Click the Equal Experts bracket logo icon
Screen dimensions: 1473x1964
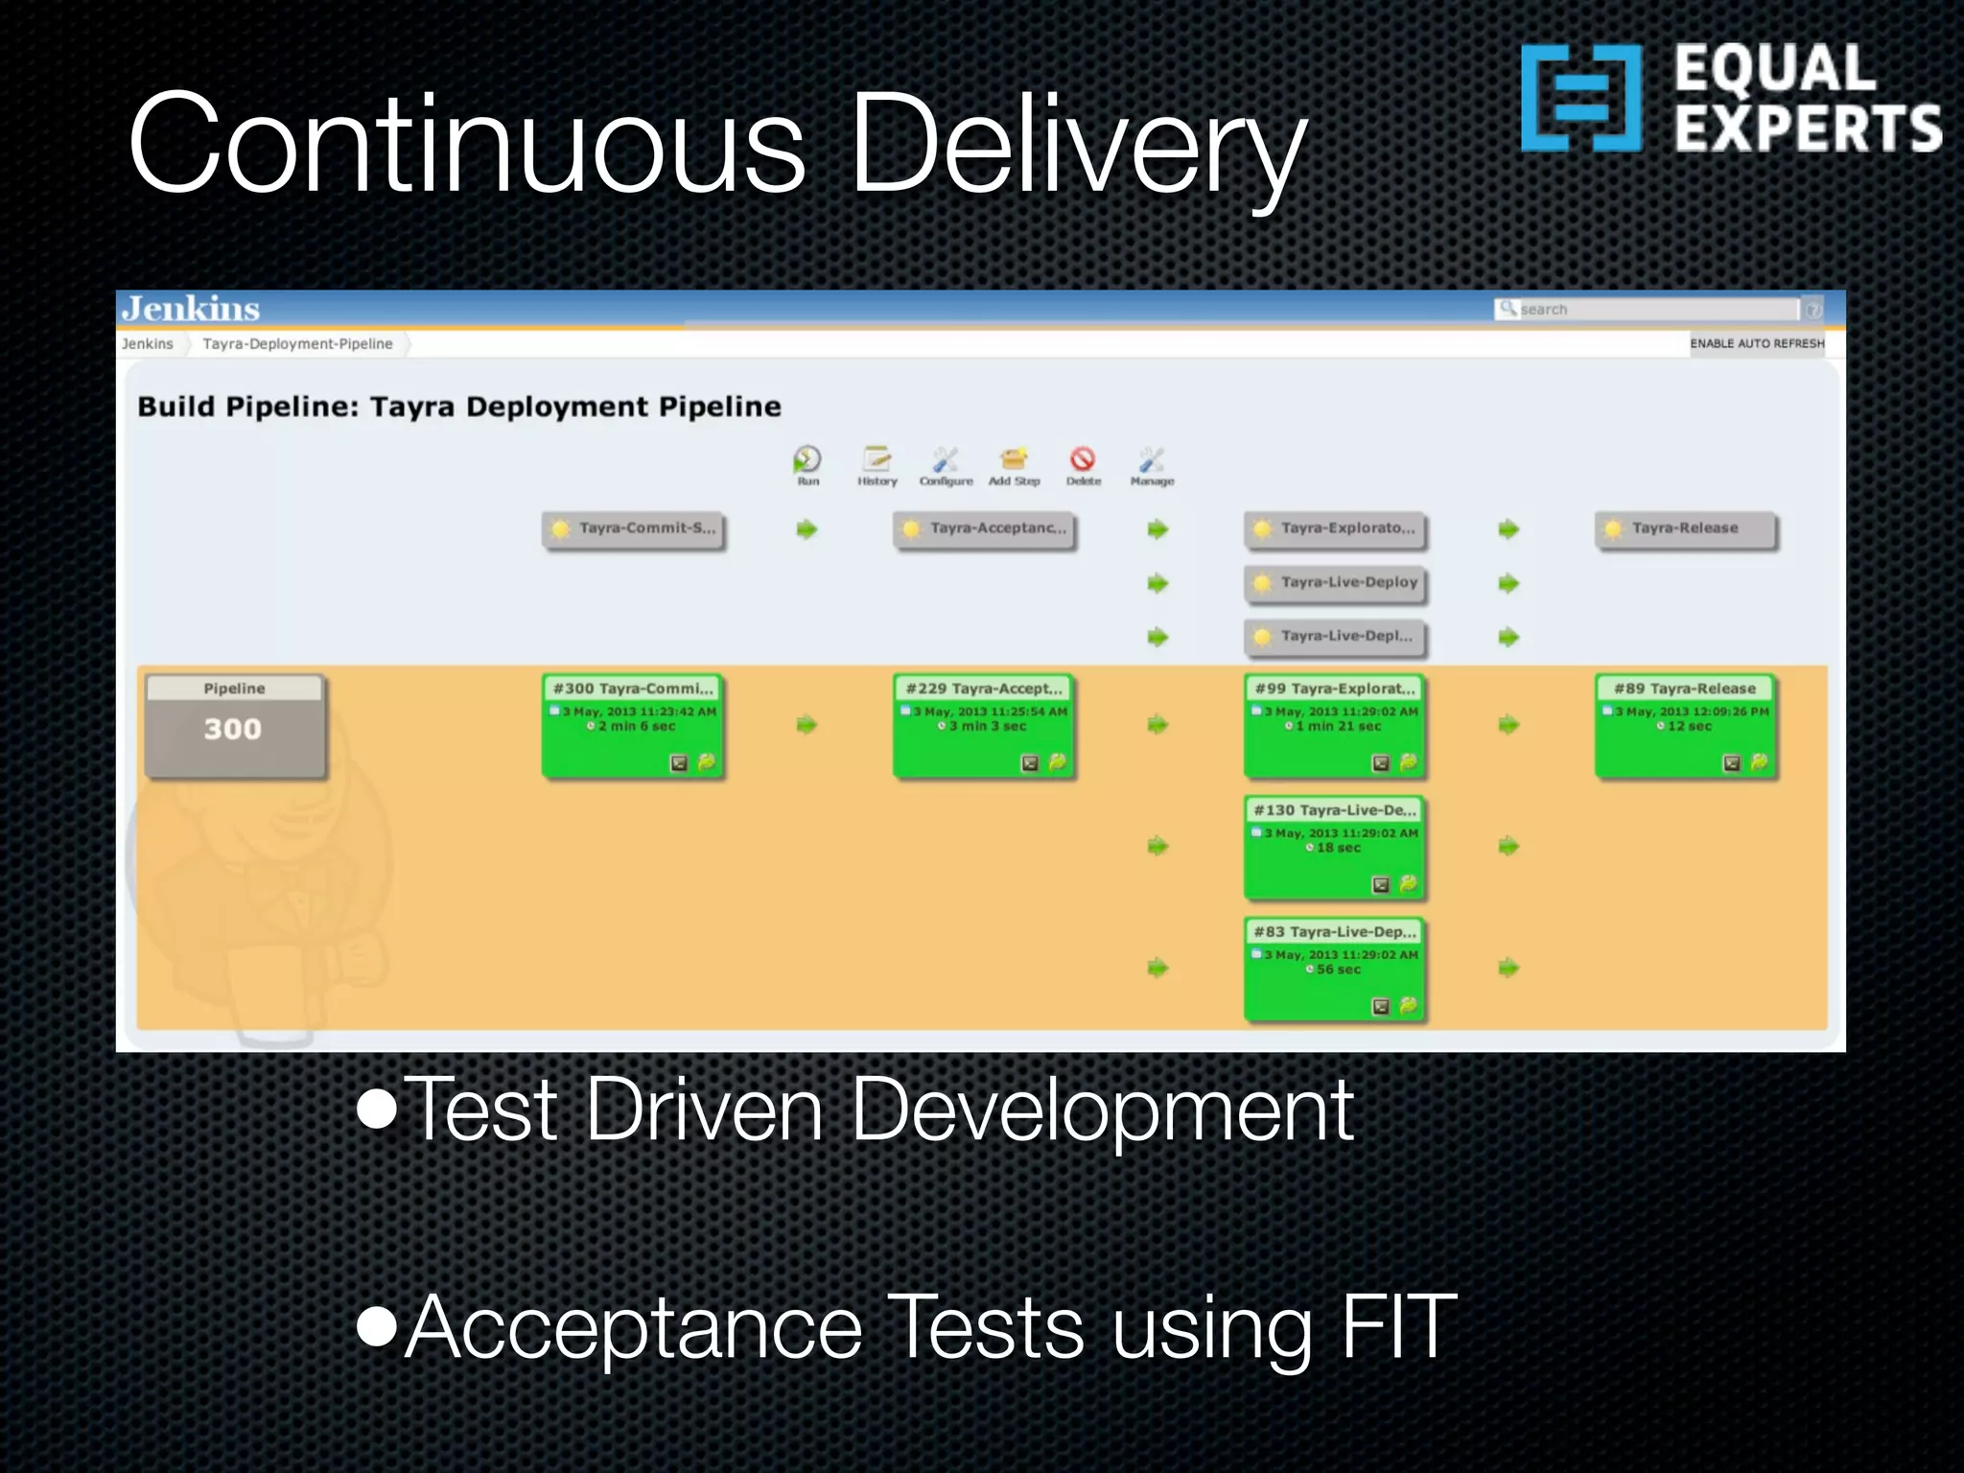coord(1580,98)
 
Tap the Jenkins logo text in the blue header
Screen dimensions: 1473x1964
coord(191,309)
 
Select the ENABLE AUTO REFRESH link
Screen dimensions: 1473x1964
coord(1756,343)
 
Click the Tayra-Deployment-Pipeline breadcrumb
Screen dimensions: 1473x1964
coord(297,343)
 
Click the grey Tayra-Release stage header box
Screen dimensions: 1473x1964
coord(1685,529)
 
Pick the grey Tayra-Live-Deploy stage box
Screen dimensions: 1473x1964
coord(1335,583)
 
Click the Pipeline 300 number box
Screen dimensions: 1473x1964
coord(234,727)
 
